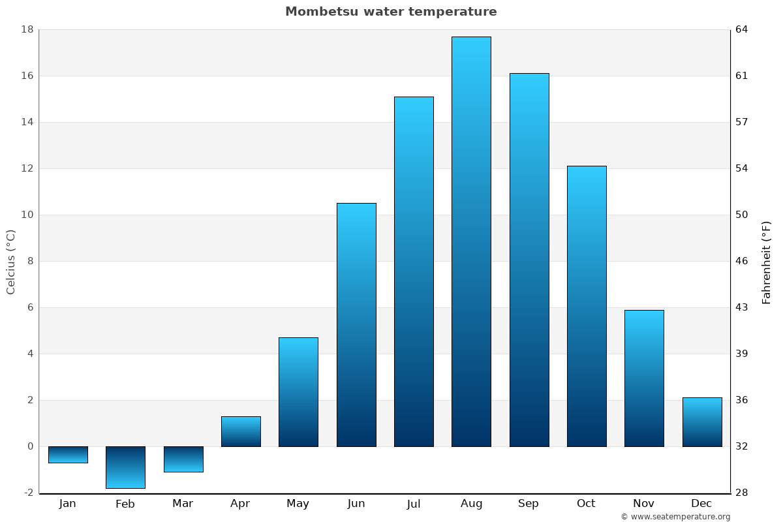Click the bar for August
click(471, 241)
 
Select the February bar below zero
click(125, 467)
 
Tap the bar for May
click(298, 391)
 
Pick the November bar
click(644, 378)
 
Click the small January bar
click(68, 455)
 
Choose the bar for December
click(702, 422)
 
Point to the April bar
click(241, 431)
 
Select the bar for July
click(414, 271)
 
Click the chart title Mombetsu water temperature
click(391, 12)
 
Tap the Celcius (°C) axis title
click(11, 261)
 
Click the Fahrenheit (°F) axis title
click(766, 262)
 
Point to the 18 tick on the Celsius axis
click(27, 29)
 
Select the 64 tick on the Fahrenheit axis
click(742, 29)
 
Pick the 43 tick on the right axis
click(742, 307)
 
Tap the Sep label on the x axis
click(529, 504)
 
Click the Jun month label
click(356, 504)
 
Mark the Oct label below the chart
click(586, 504)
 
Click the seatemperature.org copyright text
click(675, 517)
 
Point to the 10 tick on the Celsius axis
click(27, 215)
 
